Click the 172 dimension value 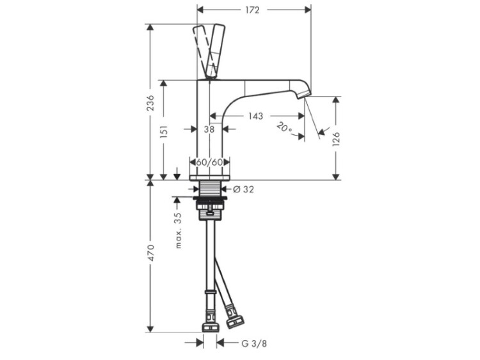click(252, 10)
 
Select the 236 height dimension click(150, 103)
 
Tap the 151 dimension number click(164, 132)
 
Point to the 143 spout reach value click(255, 116)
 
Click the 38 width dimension click(209, 129)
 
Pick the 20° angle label click(284, 127)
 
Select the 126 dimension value click(336, 139)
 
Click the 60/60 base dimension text click(209, 162)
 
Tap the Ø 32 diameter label click(243, 190)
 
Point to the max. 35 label click(178, 230)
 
